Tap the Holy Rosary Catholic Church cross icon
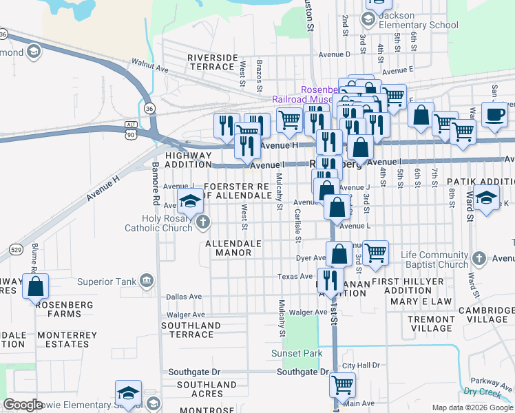coord(202,222)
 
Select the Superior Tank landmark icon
coord(146,280)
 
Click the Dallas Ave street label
coord(185,297)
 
